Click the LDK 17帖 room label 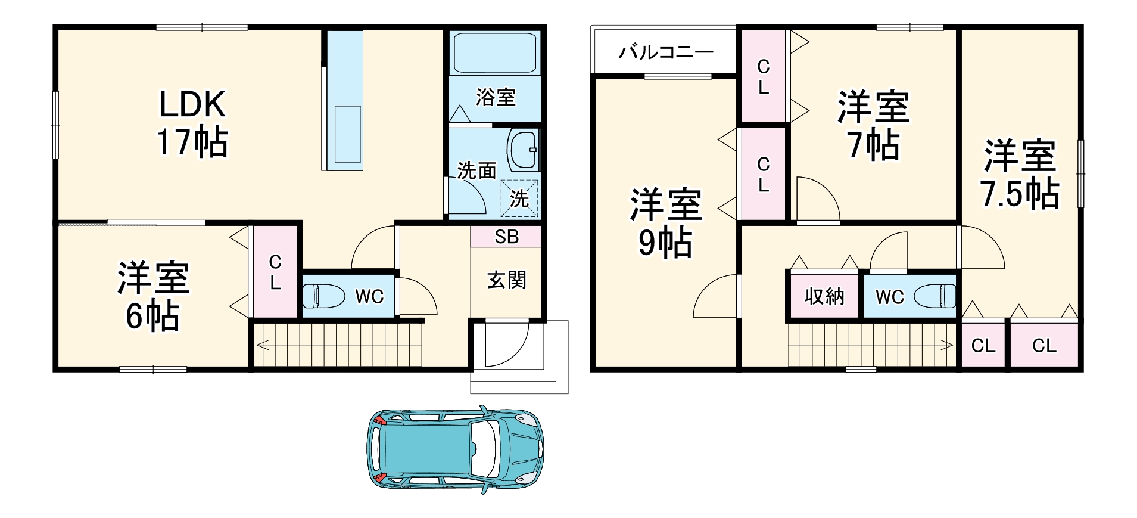[x=192, y=123]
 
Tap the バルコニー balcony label [x=665, y=52]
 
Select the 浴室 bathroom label [x=495, y=97]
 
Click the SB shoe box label [x=506, y=237]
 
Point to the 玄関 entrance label [x=506, y=280]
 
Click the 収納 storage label [x=824, y=296]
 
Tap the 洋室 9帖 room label [x=665, y=222]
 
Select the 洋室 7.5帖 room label [x=1019, y=174]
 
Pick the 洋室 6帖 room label [x=153, y=296]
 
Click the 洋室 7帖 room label [x=873, y=126]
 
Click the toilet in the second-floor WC [x=934, y=296]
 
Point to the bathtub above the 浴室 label [x=495, y=52]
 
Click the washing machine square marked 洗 [x=519, y=198]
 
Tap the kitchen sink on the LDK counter [x=347, y=134]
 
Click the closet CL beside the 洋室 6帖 [x=275, y=272]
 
